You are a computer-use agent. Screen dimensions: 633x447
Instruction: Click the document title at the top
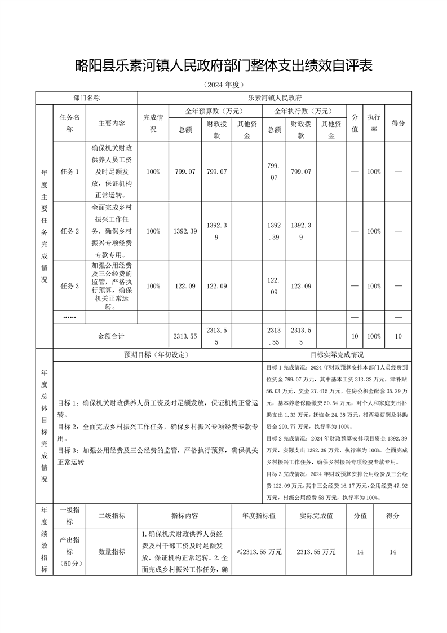pyautogui.click(x=223, y=66)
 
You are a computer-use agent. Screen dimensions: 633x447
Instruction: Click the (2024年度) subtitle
pyautogui.click(x=223, y=85)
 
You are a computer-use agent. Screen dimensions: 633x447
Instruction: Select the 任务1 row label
pyautogui.click(x=69, y=172)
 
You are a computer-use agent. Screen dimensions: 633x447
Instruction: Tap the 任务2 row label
pyautogui.click(x=69, y=231)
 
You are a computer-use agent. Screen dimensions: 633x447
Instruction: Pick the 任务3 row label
pyautogui.click(x=69, y=286)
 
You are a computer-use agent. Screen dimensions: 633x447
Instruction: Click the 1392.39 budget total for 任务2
pyautogui.click(x=185, y=231)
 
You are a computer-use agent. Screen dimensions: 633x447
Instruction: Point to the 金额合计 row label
pyautogui.click(x=111, y=336)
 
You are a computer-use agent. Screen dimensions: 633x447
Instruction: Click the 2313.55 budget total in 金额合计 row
pyautogui.click(x=185, y=336)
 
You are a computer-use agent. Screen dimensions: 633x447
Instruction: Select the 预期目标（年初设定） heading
pyautogui.click(x=157, y=355)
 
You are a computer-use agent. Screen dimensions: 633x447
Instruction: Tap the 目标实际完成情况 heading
pyautogui.click(x=337, y=355)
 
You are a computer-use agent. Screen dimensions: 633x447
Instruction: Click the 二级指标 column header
pyautogui.click(x=112, y=516)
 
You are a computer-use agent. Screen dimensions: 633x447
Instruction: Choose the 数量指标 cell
pyautogui.click(x=112, y=552)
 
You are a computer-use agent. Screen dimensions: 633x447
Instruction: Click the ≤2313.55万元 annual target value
pyautogui.click(x=259, y=552)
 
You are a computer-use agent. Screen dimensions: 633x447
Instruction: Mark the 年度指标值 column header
pyautogui.click(x=259, y=516)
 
